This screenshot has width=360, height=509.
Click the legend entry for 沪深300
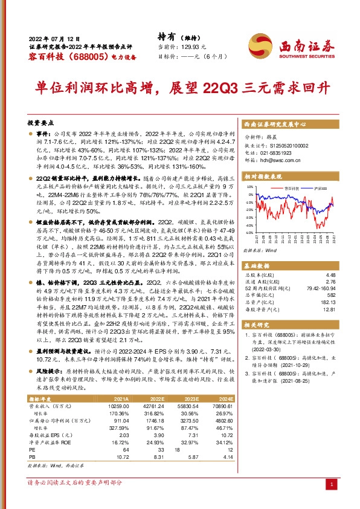320,189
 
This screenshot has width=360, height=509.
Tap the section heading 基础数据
257,266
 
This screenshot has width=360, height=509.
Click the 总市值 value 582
330,294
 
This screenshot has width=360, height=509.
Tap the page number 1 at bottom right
331,485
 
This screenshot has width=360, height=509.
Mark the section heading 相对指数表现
262,177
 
